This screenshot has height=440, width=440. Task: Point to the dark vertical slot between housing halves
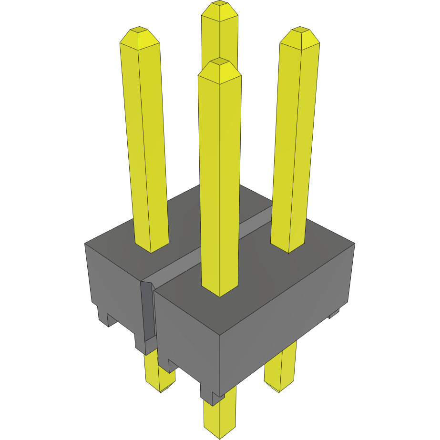[x=148, y=310]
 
